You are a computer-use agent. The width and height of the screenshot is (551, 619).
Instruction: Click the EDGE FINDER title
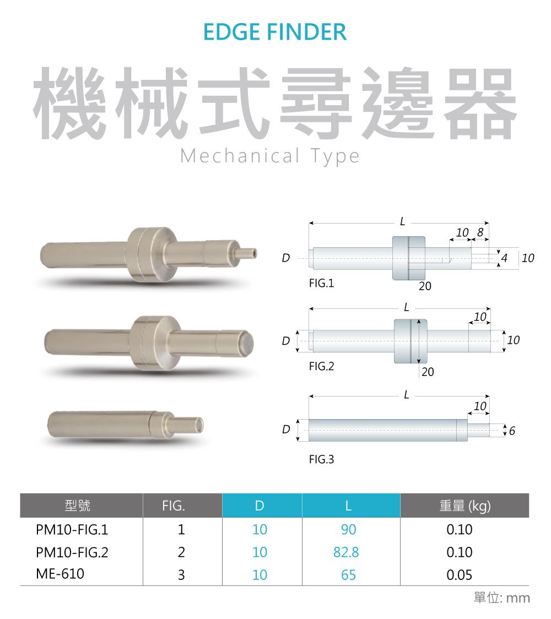[275, 32]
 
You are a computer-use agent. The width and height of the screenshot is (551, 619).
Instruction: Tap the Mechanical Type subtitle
[270, 156]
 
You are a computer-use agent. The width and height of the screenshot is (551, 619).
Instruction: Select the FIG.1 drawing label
[322, 283]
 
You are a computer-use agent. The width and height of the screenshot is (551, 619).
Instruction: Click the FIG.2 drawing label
[322, 366]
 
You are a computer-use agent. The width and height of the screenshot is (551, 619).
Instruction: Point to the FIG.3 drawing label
[322, 459]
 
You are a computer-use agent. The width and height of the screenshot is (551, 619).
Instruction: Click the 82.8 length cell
[346, 552]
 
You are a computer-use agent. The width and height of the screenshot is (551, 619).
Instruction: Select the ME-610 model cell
[60, 574]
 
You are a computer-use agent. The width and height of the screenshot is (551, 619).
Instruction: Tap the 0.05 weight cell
[460, 575]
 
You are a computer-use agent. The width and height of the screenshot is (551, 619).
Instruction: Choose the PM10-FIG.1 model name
[72, 529]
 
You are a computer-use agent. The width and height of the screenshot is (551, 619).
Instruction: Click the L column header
[348, 506]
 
